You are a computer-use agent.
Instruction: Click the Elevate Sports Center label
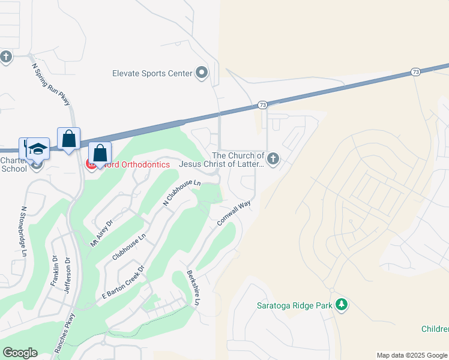point(152,73)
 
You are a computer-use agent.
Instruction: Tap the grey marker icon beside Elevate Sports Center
point(202,73)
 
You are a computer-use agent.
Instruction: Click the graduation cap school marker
point(38,148)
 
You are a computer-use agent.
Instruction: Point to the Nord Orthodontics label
point(136,164)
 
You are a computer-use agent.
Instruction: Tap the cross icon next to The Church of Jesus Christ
point(273,159)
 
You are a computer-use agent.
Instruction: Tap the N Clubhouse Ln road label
point(182,192)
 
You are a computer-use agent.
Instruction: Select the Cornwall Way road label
point(234,213)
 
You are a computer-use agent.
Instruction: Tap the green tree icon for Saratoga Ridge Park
point(342,305)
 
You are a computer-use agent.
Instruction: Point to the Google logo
point(20,353)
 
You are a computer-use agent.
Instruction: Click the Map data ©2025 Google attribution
point(412,355)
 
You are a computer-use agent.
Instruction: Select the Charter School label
point(14,164)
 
